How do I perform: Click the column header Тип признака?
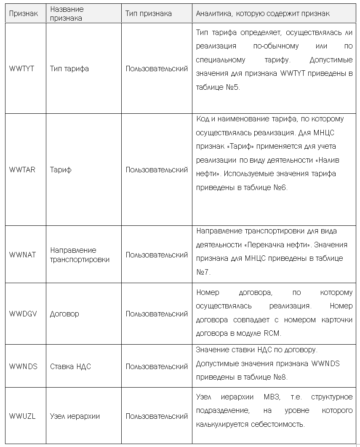click(x=148, y=13)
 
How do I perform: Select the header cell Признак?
click(x=23, y=13)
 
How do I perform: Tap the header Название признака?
click(x=67, y=13)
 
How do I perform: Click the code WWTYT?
click(x=21, y=69)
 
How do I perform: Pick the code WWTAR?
click(x=22, y=170)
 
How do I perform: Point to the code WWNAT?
click(x=22, y=255)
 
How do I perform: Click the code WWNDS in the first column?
click(x=23, y=367)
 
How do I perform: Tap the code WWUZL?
click(x=22, y=416)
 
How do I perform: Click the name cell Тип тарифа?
click(x=69, y=69)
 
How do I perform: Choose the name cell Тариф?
click(x=61, y=170)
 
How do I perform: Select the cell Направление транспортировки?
click(x=80, y=255)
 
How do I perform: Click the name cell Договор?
click(x=64, y=314)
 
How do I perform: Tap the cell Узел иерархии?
click(x=75, y=416)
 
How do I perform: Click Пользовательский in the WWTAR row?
click(x=157, y=170)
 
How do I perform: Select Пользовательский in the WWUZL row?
click(x=157, y=416)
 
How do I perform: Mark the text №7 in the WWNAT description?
click(x=203, y=272)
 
